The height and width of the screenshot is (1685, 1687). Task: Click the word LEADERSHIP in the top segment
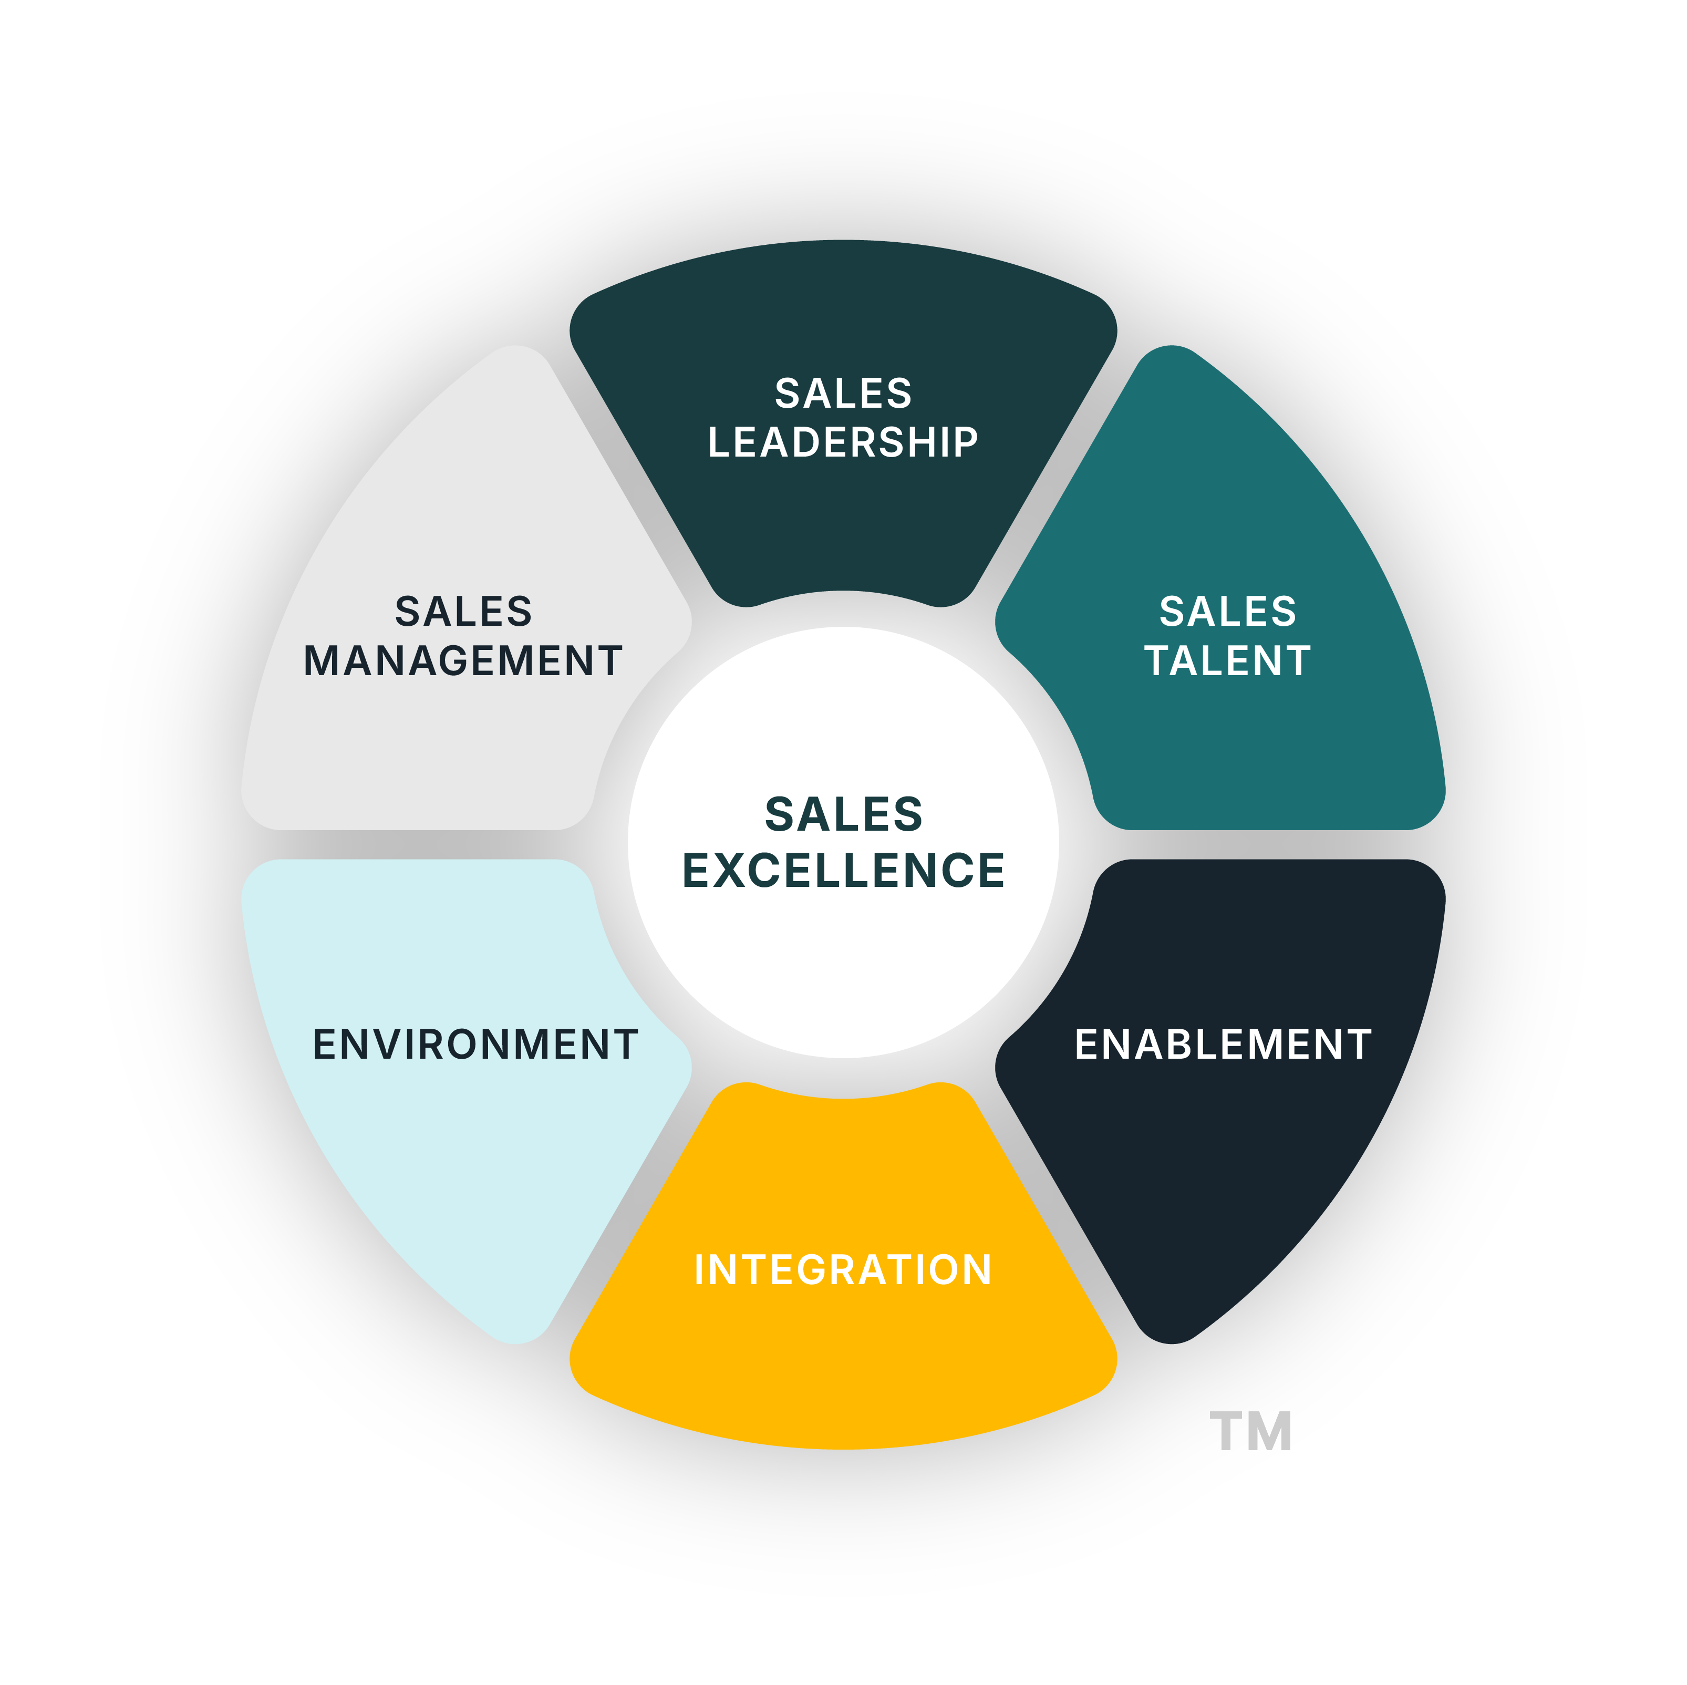tap(843, 442)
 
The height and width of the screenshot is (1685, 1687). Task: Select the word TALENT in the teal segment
tap(1228, 661)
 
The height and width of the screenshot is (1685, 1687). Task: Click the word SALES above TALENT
tap(1228, 611)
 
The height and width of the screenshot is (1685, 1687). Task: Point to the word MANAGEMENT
tap(463, 661)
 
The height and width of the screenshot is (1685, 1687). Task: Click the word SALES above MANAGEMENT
tap(463, 611)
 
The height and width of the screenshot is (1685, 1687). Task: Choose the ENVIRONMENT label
tap(475, 1044)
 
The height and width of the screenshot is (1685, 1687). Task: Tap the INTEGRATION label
tap(843, 1269)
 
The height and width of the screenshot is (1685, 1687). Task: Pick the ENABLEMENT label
tap(1223, 1044)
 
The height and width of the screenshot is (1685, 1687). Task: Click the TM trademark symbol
tap(1250, 1432)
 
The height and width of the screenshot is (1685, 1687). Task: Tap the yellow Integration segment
tap(843, 1362)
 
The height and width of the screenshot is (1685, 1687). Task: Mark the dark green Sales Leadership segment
tap(843, 524)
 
